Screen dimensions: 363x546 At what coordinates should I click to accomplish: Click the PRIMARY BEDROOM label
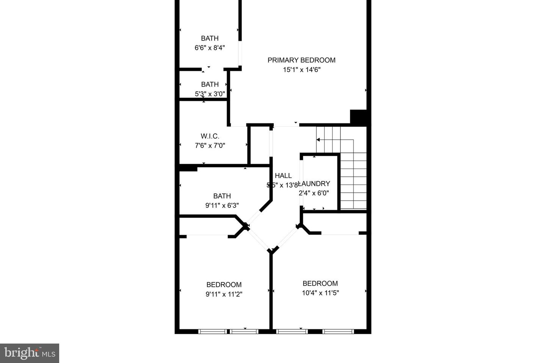[301, 60]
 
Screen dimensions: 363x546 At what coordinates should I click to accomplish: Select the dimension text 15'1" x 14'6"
[301, 70]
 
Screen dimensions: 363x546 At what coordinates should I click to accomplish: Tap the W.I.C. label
[210, 136]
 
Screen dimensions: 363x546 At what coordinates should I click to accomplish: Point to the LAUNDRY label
[314, 184]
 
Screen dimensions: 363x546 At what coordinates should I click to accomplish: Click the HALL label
[283, 176]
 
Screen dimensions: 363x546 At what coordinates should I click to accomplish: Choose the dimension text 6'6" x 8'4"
[210, 48]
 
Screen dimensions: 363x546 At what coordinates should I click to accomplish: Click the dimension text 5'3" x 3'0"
[210, 94]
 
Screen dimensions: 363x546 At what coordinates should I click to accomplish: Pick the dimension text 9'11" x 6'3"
[222, 206]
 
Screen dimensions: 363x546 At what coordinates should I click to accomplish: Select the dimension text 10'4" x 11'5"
[320, 293]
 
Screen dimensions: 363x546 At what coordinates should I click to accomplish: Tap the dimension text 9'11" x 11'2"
[224, 294]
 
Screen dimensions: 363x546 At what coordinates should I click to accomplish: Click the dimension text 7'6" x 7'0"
[210, 145]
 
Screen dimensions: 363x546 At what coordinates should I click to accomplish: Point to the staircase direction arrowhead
[318, 140]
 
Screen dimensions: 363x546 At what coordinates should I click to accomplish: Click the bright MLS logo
[30, 353]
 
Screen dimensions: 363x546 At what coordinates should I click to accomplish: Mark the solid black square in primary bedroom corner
[358, 117]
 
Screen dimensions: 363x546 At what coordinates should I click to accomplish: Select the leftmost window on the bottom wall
[213, 332]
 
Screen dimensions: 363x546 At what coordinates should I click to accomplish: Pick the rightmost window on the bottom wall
[338, 332]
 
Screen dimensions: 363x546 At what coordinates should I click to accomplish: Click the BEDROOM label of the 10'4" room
[320, 284]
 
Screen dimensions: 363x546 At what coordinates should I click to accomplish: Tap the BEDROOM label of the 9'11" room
[224, 285]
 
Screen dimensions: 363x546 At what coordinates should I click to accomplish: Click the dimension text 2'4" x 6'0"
[314, 193]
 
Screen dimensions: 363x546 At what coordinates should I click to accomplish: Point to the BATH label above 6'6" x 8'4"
[210, 38]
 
